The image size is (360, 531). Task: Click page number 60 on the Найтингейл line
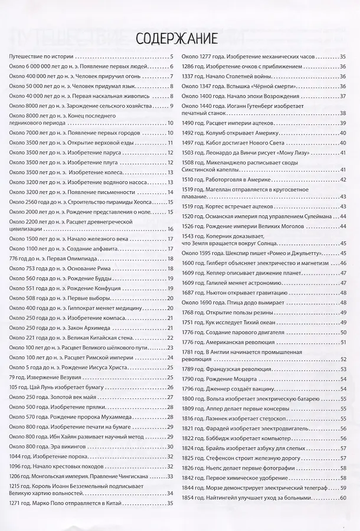pyautogui.click(x=343, y=499)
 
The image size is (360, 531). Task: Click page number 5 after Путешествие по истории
pyautogui.click(x=171, y=57)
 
